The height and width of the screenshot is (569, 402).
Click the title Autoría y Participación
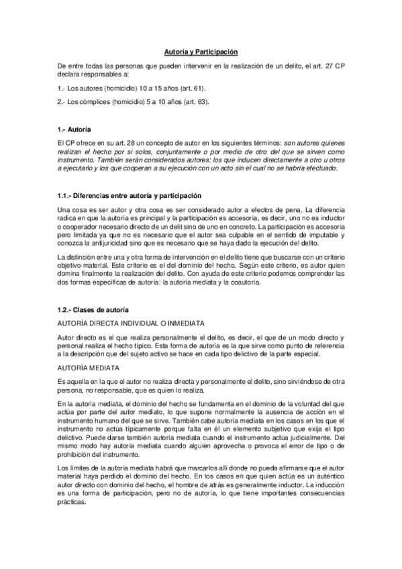[201, 51]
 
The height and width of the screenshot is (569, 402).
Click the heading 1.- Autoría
[74, 128]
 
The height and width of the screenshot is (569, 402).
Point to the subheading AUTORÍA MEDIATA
[89, 368]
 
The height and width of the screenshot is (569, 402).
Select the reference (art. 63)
[195, 101]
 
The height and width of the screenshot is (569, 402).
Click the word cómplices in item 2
[94, 101]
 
